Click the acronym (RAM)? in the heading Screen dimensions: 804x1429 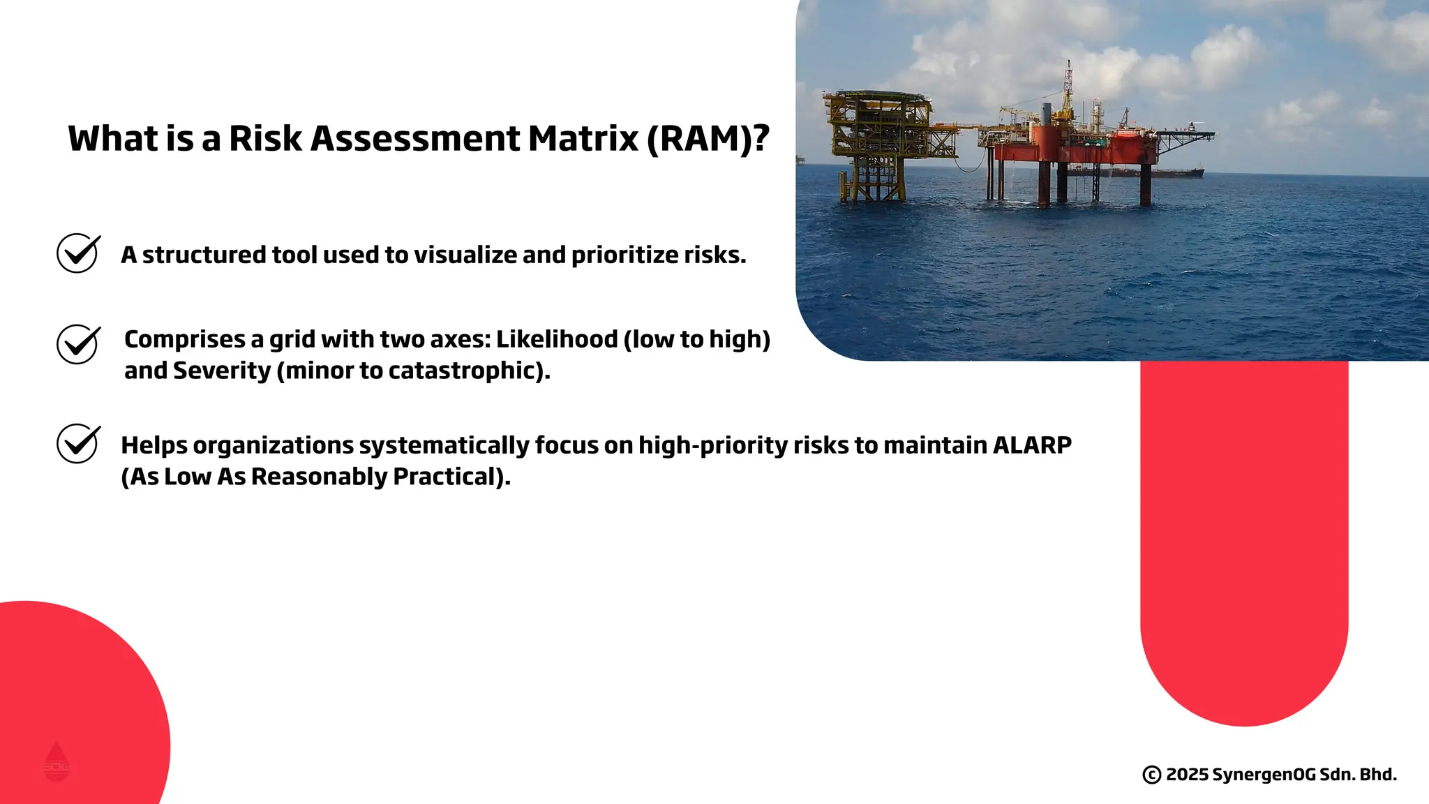(x=708, y=138)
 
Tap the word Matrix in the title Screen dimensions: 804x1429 (x=583, y=138)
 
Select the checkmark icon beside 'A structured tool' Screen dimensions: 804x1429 (x=77, y=253)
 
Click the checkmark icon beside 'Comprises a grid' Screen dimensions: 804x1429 (x=77, y=344)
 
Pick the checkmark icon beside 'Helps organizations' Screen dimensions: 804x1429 (x=77, y=443)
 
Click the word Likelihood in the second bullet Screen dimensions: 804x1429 (x=557, y=339)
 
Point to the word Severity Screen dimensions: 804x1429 (x=221, y=371)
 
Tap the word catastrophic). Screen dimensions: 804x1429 (x=469, y=371)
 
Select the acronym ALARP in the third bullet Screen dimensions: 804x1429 (x=1031, y=445)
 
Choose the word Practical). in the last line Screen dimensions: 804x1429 (x=451, y=477)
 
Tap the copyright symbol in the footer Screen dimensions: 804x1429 (x=1151, y=775)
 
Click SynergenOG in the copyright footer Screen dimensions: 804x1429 (x=1264, y=775)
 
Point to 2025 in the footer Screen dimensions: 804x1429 (x=1187, y=775)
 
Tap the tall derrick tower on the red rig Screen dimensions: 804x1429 (x=1067, y=91)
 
